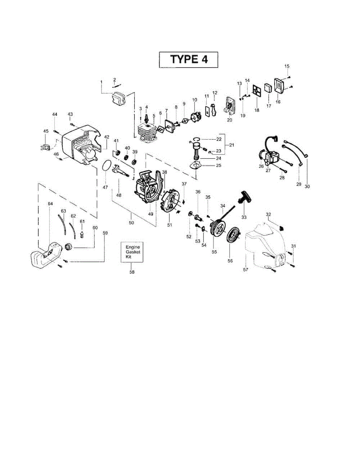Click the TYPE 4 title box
(x=188, y=60)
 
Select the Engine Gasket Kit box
(x=132, y=252)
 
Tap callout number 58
(x=132, y=272)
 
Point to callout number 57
(x=245, y=269)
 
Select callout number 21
(x=232, y=145)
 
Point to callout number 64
(x=50, y=204)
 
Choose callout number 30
(x=307, y=186)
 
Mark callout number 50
(x=131, y=223)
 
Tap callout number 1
(x=101, y=82)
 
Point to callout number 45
(x=46, y=131)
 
